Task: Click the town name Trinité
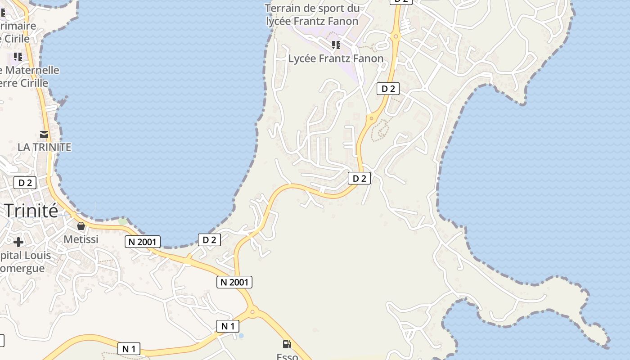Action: pos(31,210)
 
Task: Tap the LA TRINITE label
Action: pos(44,147)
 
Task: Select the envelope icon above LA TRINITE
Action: pos(44,135)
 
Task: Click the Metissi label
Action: pos(81,239)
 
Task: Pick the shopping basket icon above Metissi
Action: pos(81,225)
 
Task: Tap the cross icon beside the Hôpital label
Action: pos(18,242)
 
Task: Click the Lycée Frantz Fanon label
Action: pos(336,58)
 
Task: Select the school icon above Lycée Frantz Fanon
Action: pos(336,45)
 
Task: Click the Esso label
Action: pos(287,356)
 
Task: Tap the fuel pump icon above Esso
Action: pos(287,344)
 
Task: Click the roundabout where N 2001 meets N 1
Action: pos(252,311)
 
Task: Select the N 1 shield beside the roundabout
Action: pos(228,326)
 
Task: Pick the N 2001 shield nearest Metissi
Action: pos(142,242)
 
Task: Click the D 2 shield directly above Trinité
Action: pos(25,183)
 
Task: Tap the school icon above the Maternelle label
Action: pos(18,56)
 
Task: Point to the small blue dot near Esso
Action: pos(241,336)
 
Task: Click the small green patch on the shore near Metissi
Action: pos(122,221)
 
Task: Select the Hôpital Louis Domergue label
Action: pos(25,262)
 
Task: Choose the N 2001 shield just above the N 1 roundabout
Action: pos(234,282)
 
